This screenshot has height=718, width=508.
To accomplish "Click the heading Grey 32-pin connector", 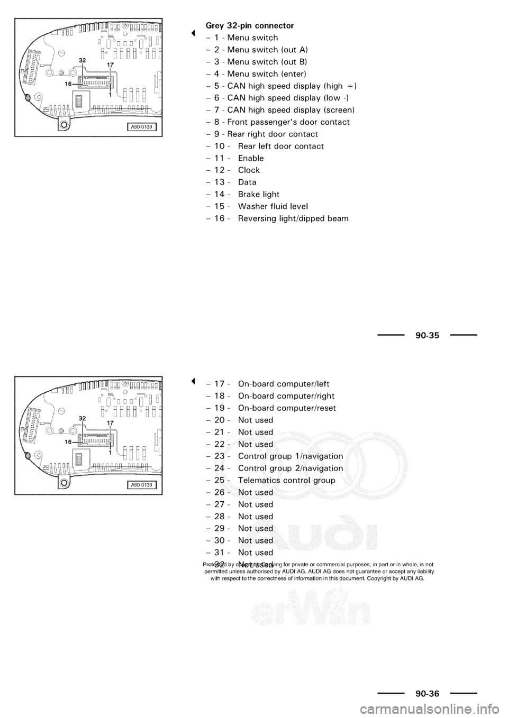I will point(249,25).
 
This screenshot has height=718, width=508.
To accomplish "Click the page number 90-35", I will point(427,335).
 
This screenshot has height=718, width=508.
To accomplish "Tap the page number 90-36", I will point(427,694).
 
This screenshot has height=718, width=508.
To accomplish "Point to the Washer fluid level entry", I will point(273,206).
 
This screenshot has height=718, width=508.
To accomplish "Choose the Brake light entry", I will point(259,194).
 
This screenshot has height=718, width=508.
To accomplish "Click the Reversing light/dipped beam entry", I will point(293,218).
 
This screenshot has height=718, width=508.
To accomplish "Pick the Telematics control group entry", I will point(286,480).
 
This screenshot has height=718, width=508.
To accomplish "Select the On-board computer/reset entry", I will point(287,408).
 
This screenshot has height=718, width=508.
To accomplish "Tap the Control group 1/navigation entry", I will point(291,456).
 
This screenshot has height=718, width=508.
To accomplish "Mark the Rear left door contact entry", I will point(281,146).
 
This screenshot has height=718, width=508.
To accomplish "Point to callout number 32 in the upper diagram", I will point(83,61).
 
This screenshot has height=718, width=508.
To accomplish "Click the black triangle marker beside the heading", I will point(194,33).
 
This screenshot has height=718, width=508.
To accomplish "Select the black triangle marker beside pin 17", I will point(194,381).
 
